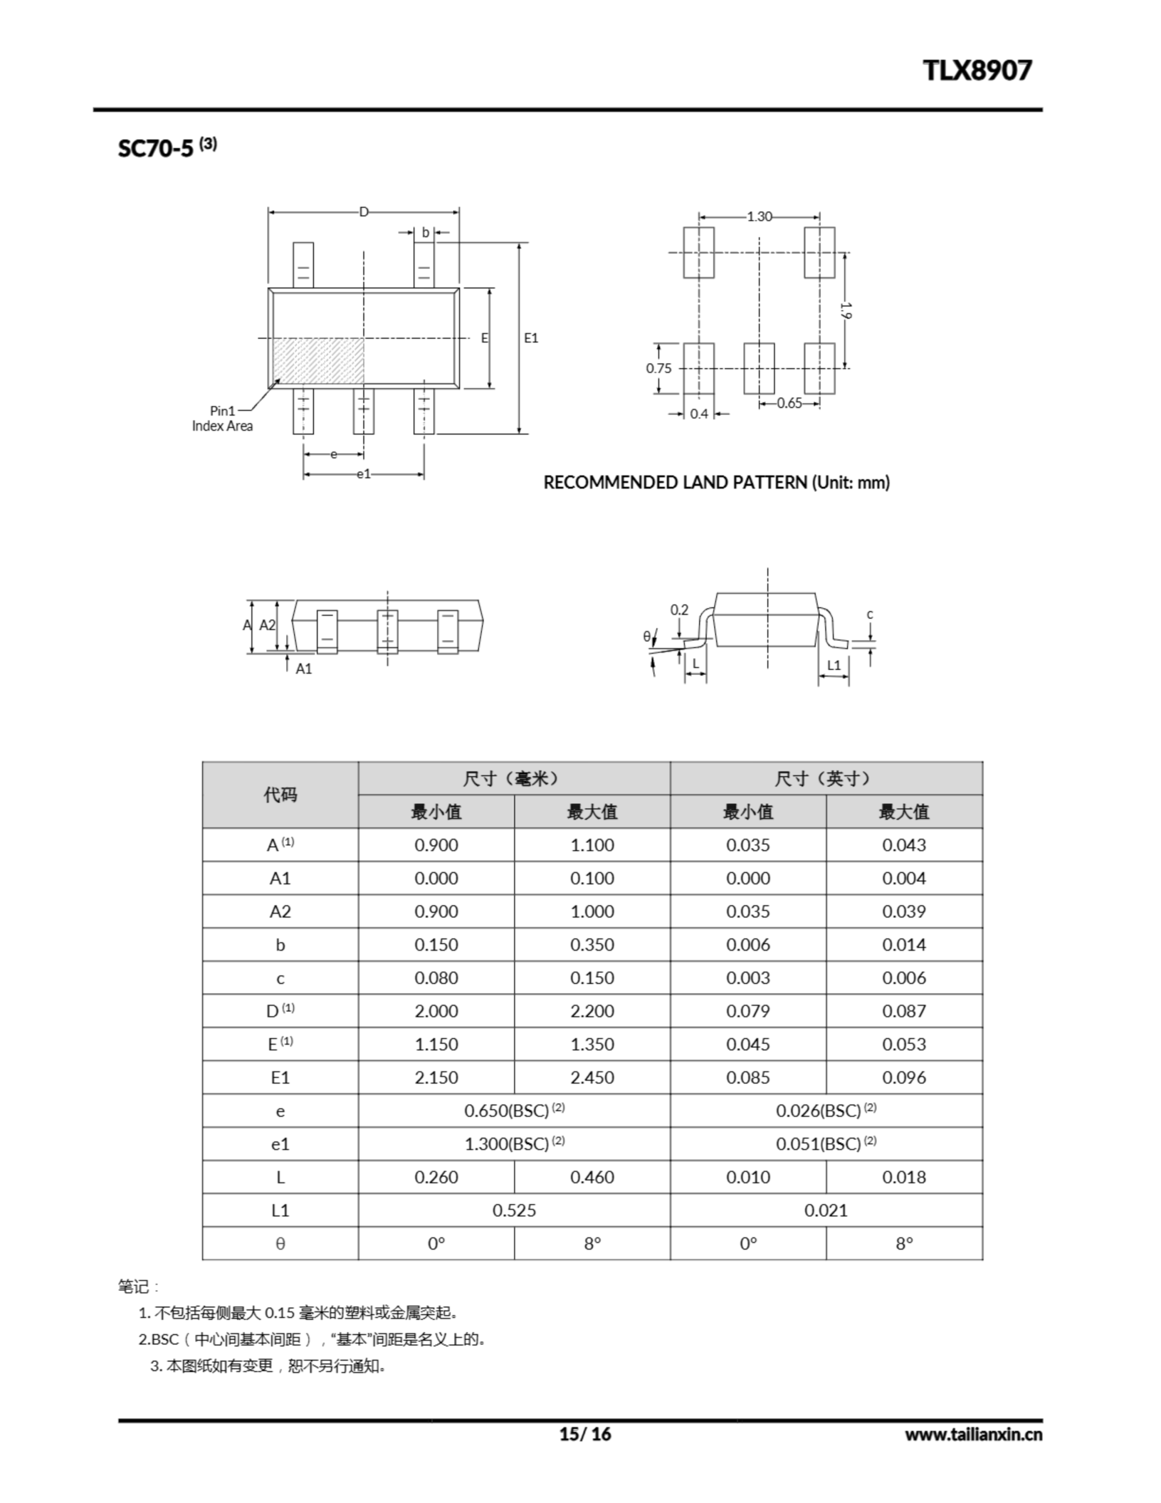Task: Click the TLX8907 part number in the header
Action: (x=977, y=70)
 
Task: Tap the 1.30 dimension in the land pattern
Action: (x=759, y=217)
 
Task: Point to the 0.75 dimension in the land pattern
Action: (x=658, y=368)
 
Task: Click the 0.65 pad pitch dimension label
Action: (x=789, y=403)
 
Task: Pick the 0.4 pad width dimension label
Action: (x=698, y=413)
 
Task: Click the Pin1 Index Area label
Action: (x=222, y=419)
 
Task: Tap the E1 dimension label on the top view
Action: (x=531, y=338)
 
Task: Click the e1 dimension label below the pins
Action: (x=363, y=474)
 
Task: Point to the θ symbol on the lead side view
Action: (x=646, y=636)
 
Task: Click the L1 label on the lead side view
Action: (x=833, y=665)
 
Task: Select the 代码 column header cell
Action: (x=280, y=795)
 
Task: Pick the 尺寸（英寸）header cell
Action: (x=826, y=779)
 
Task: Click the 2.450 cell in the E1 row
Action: (x=592, y=1078)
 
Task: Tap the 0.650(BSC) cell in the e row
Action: (x=514, y=1111)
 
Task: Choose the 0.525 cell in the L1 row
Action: (x=514, y=1211)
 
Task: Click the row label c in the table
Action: (x=280, y=978)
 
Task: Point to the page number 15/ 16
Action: (x=585, y=1434)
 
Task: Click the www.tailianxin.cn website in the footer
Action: (x=973, y=1435)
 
